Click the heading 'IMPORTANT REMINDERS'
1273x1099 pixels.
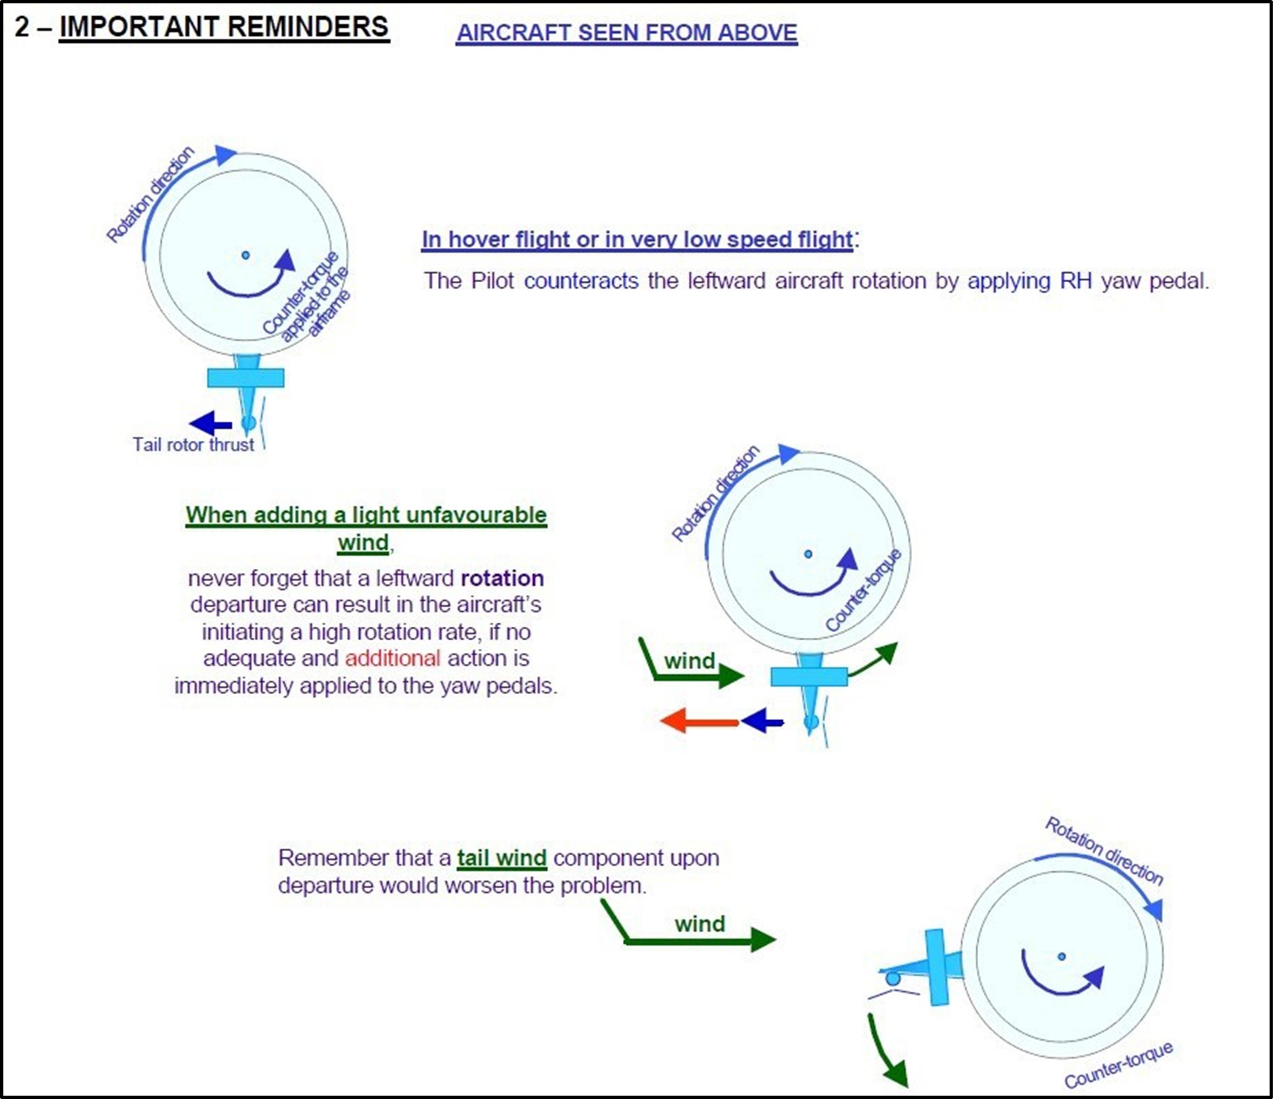[x=224, y=28]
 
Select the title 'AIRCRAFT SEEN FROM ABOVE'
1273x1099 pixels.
[x=626, y=32]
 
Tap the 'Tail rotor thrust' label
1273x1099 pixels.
[x=193, y=445]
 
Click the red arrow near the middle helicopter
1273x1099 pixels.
[x=699, y=721]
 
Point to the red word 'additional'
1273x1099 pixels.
[x=392, y=658]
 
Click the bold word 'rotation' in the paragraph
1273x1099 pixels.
[x=502, y=578]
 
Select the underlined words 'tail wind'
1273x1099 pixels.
[x=502, y=859]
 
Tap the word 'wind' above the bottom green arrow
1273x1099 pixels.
[x=699, y=924]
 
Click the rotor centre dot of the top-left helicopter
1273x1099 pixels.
[x=245, y=255]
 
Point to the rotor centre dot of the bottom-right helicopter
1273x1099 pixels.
[x=1061, y=957]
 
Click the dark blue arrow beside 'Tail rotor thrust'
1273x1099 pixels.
[x=210, y=423]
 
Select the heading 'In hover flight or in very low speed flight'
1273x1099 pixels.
[x=637, y=239]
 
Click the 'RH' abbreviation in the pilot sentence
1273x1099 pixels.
[x=1076, y=281]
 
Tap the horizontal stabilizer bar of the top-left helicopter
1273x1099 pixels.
[x=245, y=378]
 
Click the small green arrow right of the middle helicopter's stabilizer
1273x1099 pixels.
[x=875, y=660]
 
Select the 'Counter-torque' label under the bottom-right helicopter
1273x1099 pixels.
[x=1118, y=1065]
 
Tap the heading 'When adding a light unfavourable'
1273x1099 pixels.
[x=366, y=515]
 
